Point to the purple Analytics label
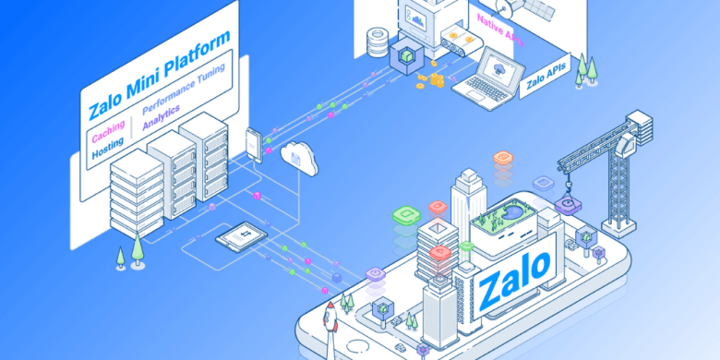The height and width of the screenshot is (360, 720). click(x=162, y=119)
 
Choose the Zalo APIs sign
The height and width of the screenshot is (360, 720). click(x=547, y=79)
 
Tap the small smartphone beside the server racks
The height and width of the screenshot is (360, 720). click(x=254, y=146)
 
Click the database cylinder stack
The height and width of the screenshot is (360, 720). click(x=377, y=41)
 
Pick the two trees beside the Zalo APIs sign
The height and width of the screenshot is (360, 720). click(x=583, y=69)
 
